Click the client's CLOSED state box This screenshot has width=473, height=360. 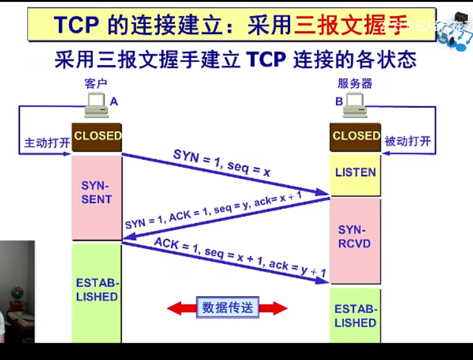pos(97,136)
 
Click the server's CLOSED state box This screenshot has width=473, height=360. pos(356,136)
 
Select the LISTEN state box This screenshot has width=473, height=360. pos(356,172)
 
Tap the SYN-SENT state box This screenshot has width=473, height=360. pos(97,193)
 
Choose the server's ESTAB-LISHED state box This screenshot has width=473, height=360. pos(355,316)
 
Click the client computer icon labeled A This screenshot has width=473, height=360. pos(96,105)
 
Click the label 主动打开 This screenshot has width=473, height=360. pos(47,143)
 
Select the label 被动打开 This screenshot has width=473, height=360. pos(408,141)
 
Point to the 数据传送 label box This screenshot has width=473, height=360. pos(227,308)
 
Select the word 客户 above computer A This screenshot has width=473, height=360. pos(96,84)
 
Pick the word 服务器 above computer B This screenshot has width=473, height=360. pos(355,84)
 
